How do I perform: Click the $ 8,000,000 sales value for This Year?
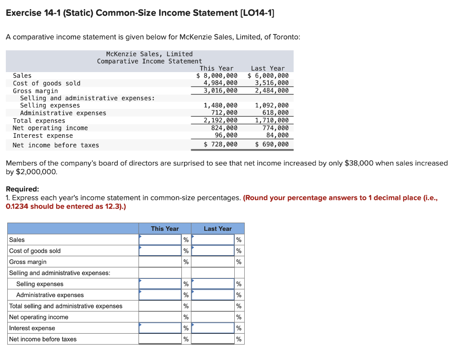point(217,76)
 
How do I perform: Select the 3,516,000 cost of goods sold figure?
point(271,83)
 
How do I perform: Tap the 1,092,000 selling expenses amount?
point(271,105)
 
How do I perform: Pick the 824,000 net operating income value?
point(224,128)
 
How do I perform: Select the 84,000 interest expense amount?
point(277,135)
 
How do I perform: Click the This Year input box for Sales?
point(160,240)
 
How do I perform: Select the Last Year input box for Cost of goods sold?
point(213,251)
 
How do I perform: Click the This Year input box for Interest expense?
point(160,328)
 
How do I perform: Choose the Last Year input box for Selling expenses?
point(213,284)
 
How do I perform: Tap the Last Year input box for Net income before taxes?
point(213,339)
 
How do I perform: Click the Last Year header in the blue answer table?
point(217,229)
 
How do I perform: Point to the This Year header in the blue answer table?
point(165,229)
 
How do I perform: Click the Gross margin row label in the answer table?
point(28,262)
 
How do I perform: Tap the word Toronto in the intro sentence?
point(285,37)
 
